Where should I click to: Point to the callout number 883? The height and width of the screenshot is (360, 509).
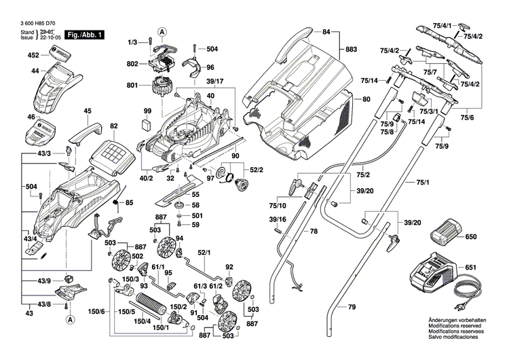(350, 50)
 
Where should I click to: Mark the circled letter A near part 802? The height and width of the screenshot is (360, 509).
(162, 31)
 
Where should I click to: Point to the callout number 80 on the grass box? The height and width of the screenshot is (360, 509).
(366, 100)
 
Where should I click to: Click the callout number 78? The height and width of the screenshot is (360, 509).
(314, 232)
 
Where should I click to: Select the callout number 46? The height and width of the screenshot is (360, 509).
(31, 117)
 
